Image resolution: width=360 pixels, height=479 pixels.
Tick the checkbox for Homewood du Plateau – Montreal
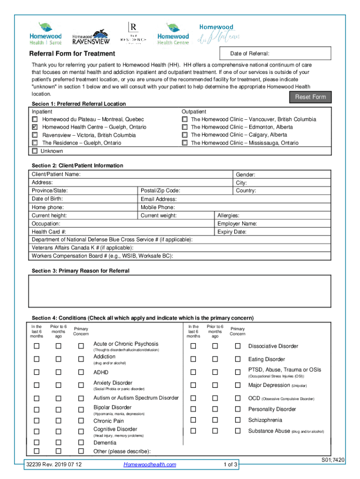[x=35, y=120]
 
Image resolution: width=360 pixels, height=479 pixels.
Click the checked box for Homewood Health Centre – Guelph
[x=35, y=127]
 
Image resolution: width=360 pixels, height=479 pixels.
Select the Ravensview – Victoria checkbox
[x=35, y=135]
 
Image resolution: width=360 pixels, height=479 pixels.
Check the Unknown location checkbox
[x=35, y=151]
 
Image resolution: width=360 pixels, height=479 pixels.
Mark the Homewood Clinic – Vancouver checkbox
[x=185, y=120]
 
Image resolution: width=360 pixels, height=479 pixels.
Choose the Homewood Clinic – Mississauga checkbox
[x=185, y=143]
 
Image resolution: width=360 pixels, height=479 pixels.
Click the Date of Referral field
[x=281, y=53]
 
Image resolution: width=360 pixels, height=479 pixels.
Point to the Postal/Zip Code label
[x=160, y=191]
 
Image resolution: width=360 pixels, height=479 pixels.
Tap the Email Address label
[x=158, y=199]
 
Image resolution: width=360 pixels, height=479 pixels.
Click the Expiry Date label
[x=232, y=232]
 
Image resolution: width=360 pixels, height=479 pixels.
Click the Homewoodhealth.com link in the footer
[x=150, y=464]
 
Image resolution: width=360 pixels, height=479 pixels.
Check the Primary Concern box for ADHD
[x=81, y=372]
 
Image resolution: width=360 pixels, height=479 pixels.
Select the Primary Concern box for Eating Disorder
[x=238, y=359]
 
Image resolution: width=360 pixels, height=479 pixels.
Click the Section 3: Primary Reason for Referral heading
[x=80, y=271]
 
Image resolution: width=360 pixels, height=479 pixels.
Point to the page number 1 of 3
[x=231, y=464]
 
